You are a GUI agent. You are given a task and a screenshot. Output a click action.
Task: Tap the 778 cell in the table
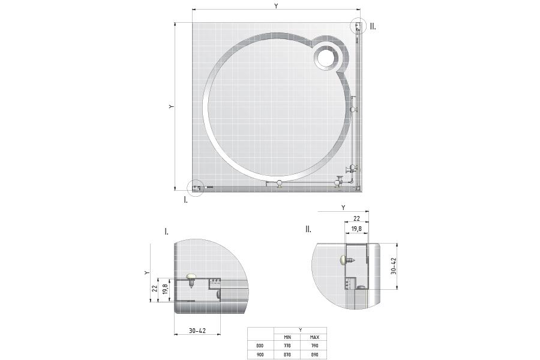click(x=287, y=345)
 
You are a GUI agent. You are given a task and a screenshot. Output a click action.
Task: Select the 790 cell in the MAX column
click(x=314, y=345)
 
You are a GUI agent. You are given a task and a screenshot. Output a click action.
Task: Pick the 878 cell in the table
click(x=287, y=354)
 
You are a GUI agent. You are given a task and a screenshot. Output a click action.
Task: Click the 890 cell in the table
click(x=314, y=354)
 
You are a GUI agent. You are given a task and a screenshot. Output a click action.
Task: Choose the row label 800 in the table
click(x=260, y=345)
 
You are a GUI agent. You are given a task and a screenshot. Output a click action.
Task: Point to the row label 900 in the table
click(x=260, y=354)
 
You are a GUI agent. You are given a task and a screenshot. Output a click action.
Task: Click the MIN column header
click(x=287, y=337)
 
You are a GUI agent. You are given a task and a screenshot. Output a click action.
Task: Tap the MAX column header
click(x=314, y=337)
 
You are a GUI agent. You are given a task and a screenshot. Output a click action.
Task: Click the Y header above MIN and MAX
click(x=301, y=329)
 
